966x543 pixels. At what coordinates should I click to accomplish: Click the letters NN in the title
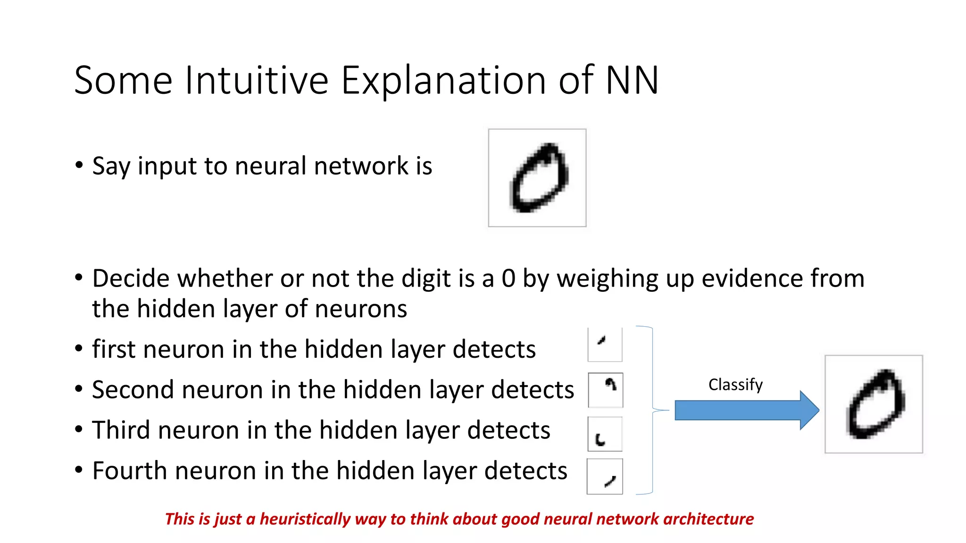click(x=632, y=80)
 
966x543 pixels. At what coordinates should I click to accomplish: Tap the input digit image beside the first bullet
click(x=537, y=178)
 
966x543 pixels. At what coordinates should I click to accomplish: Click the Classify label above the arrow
click(x=735, y=385)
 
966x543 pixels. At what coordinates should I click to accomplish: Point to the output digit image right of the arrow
click(x=874, y=404)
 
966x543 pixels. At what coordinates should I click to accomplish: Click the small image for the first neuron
click(x=605, y=344)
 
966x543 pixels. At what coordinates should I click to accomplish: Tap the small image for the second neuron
click(x=606, y=390)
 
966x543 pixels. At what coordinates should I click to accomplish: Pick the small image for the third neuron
click(x=605, y=434)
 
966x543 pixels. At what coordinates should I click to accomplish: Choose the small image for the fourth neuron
click(x=605, y=477)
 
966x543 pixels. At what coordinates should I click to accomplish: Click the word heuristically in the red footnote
click(x=305, y=519)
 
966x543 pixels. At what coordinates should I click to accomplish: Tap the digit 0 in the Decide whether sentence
click(x=508, y=278)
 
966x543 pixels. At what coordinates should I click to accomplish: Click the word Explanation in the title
click(x=443, y=80)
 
